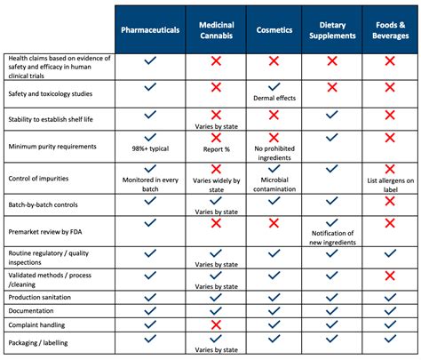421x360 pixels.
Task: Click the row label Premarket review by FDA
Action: (x=45, y=230)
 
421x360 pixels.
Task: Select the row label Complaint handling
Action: (x=37, y=326)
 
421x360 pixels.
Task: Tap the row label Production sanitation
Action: (x=42, y=296)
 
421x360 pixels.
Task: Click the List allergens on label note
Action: (x=391, y=182)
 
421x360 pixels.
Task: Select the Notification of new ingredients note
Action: (x=330, y=237)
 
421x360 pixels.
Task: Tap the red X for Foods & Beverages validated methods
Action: (x=391, y=276)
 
